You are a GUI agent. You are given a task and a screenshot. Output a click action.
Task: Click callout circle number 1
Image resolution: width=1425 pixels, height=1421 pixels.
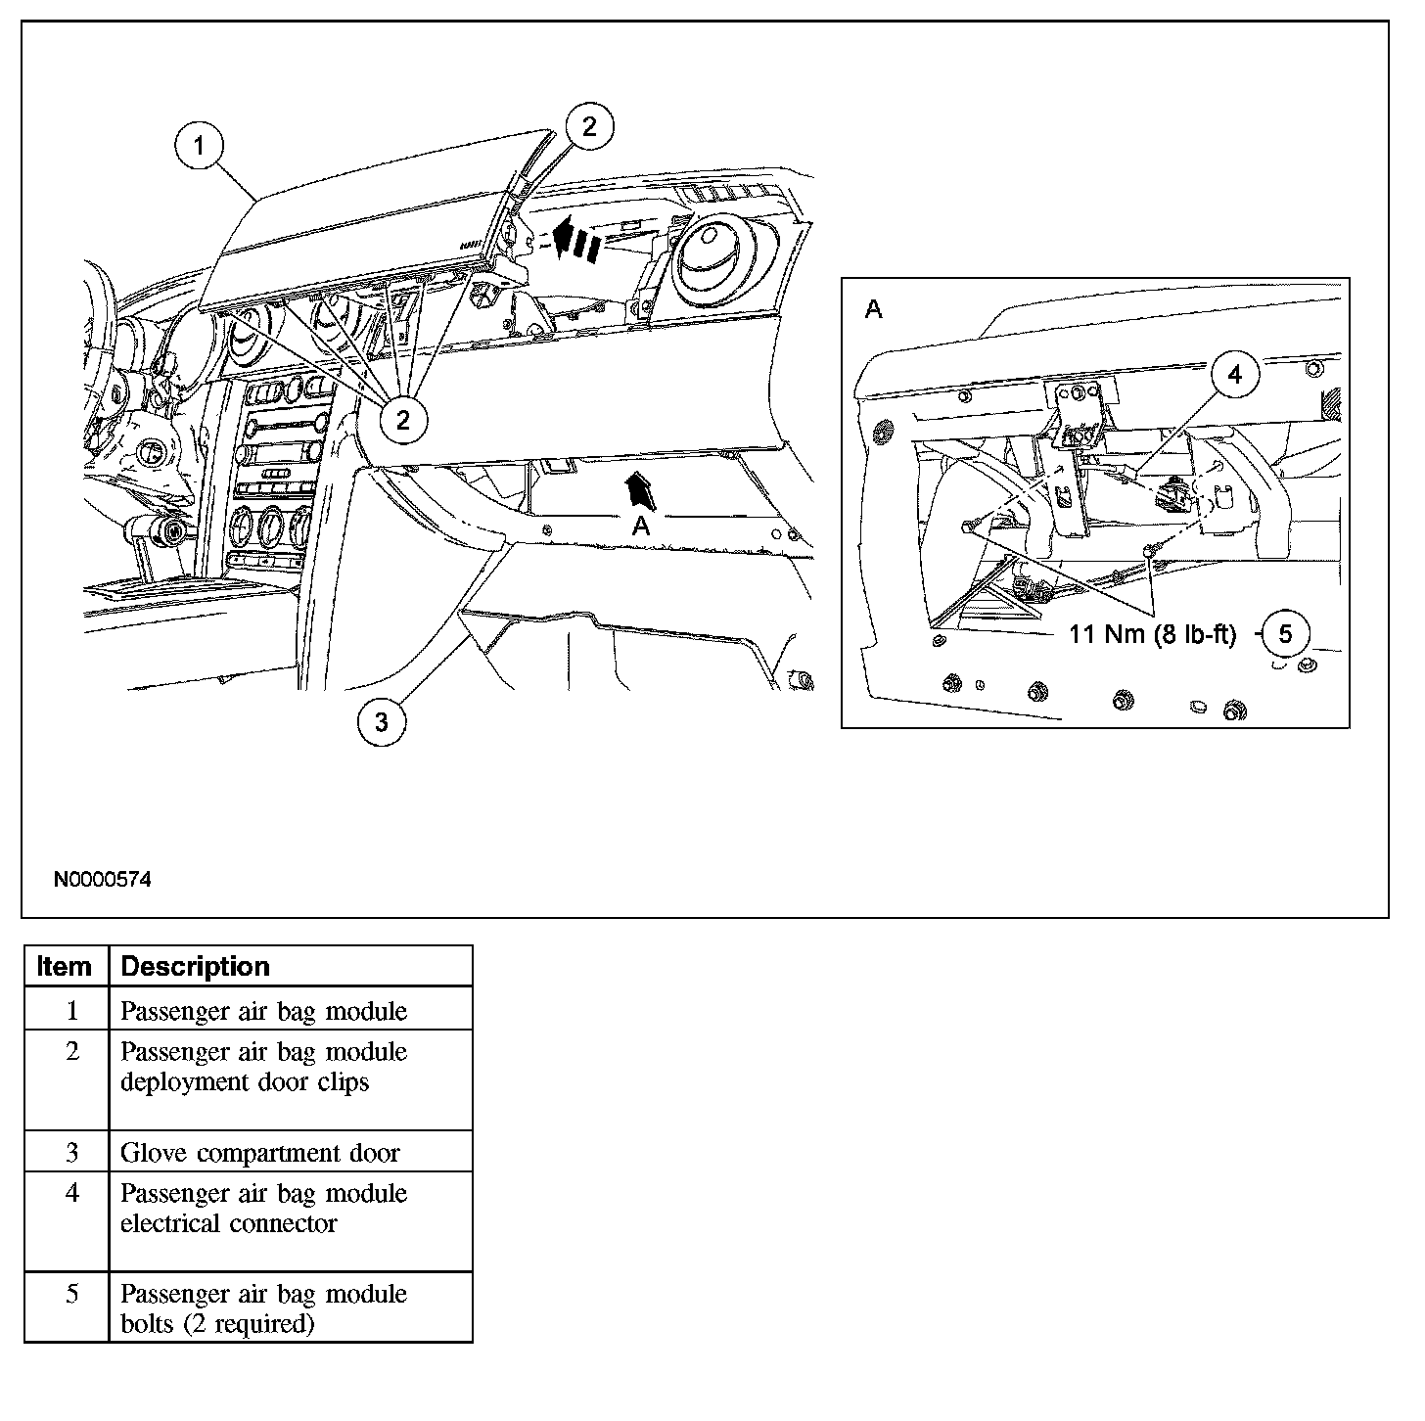tap(201, 146)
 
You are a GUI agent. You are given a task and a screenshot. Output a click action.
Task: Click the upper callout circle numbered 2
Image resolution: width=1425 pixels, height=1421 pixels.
tap(589, 126)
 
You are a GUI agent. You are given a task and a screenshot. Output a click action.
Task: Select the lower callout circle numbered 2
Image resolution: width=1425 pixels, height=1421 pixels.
tap(403, 420)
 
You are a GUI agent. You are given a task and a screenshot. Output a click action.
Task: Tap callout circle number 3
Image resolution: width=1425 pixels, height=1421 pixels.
tap(382, 722)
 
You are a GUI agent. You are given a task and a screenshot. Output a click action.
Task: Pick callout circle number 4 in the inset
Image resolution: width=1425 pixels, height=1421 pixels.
tap(1235, 375)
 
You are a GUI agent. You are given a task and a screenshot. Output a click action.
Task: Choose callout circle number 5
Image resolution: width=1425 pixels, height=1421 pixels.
tap(1286, 634)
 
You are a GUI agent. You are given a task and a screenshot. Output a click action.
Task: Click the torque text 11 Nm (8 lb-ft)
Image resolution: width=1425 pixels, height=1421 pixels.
tap(1152, 634)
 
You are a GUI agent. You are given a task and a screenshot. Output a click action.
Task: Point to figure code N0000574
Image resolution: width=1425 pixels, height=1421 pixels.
tap(103, 880)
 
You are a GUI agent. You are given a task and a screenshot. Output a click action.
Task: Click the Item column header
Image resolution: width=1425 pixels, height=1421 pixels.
tap(65, 967)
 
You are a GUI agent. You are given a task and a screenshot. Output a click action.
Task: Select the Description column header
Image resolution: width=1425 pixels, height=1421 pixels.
tap(195, 967)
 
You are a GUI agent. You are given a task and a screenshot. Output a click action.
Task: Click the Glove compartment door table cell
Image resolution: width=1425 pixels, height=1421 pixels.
tap(259, 1153)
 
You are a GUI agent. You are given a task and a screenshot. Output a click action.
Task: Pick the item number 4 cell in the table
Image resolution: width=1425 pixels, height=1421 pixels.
tap(71, 1193)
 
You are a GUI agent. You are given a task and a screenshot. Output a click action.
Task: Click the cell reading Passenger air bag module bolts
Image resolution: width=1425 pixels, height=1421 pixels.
tap(263, 1308)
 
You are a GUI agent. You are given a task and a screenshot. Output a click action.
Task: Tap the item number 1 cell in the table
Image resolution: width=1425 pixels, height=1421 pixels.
tap(71, 1011)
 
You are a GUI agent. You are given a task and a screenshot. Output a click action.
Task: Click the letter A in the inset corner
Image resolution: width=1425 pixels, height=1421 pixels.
tap(874, 310)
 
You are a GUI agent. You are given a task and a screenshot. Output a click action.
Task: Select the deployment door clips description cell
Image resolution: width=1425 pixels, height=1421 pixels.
tap(263, 1067)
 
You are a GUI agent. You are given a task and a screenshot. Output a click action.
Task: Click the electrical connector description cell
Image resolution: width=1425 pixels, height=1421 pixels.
tap(263, 1209)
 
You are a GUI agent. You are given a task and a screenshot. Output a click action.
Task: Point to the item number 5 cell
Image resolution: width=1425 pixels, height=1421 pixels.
tap(71, 1294)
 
